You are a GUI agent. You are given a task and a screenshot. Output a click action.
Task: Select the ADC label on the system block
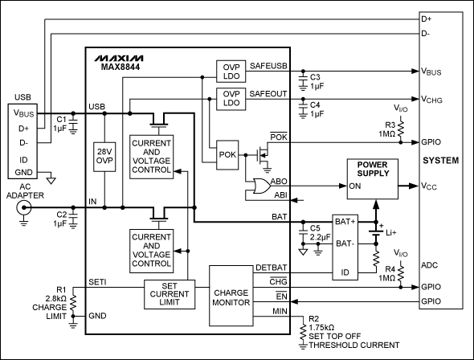pyautogui.click(x=428, y=263)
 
